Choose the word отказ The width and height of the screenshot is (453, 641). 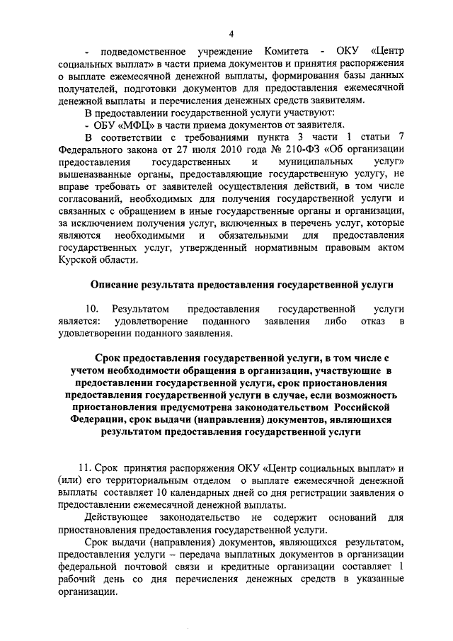tap(369, 322)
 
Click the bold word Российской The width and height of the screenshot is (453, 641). tap(367, 409)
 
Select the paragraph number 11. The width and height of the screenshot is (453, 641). tap(86, 468)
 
